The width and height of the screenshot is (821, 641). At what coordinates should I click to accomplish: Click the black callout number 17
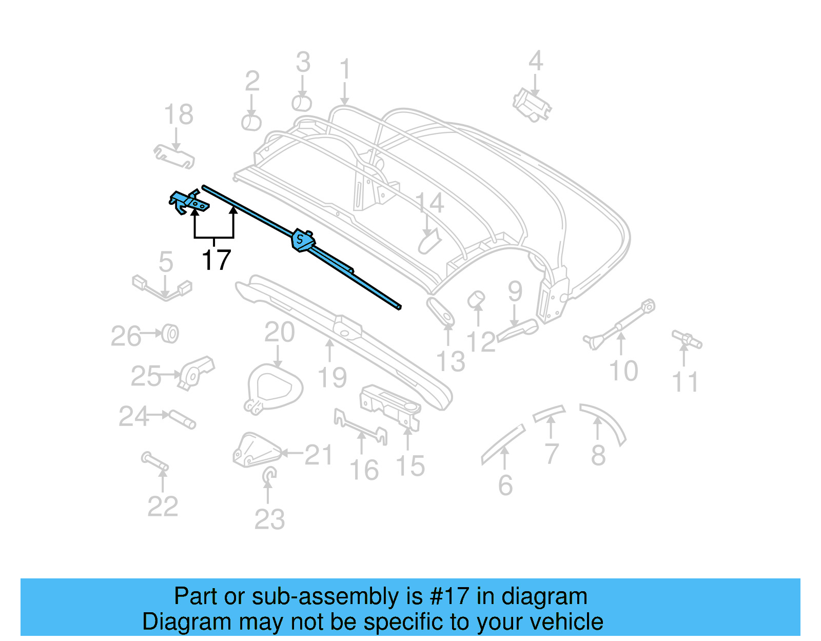click(217, 260)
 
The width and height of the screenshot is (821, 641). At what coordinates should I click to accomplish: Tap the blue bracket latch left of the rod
click(188, 202)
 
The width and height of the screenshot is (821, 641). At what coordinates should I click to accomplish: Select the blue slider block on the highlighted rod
click(302, 240)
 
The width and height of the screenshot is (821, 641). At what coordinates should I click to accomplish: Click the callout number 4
click(535, 61)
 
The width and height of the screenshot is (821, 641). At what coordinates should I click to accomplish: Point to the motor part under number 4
click(532, 105)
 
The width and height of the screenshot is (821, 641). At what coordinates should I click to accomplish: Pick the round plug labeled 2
click(251, 123)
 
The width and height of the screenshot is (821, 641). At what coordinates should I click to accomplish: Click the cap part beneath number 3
click(302, 103)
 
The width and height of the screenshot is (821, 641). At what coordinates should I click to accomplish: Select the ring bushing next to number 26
click(170, 334)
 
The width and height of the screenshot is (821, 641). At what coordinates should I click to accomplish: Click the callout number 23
click(269, 519)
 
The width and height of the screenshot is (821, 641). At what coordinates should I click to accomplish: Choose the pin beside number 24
click(183, 419)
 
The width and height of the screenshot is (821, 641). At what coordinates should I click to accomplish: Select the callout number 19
click(333, 378)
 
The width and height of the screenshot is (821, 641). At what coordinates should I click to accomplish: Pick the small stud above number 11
click(687, 339)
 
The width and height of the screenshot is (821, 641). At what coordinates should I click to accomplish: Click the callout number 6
click(505, 485)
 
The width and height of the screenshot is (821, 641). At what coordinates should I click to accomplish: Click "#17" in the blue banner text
click(448, 596)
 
